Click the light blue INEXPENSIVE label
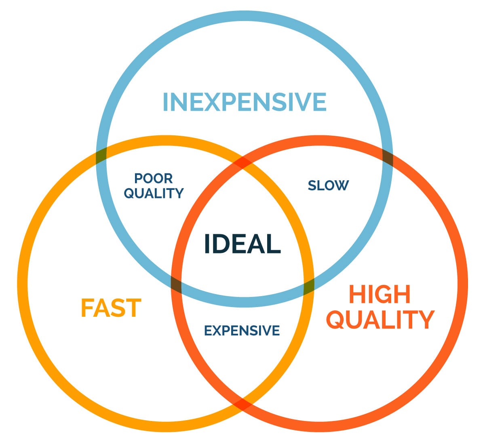pos(244,102)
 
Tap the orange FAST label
pos(111,308)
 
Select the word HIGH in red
pos(380,294)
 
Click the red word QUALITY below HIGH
pos(380,319)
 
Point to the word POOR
pos(154,178)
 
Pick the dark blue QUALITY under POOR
pos(154,193)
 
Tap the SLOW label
pos(328,185)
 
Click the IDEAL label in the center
pos(242,244)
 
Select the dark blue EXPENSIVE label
pos(242,330)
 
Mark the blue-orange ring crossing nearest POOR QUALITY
pos(101,156)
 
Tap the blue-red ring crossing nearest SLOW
pos(387,158)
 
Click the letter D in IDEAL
pos(223,244)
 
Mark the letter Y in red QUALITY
pos(425,319)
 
